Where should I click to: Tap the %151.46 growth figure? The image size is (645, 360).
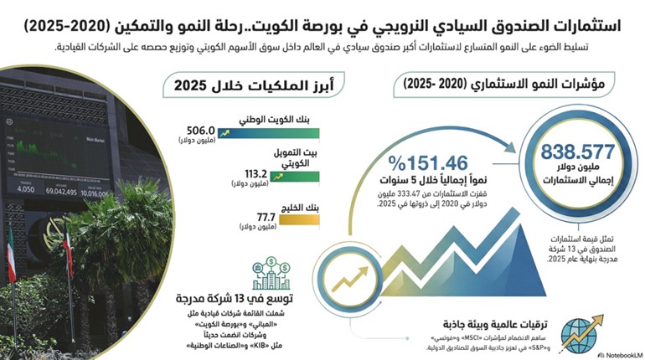point(415,161)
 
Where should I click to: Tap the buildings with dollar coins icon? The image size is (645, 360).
point(271,277)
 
